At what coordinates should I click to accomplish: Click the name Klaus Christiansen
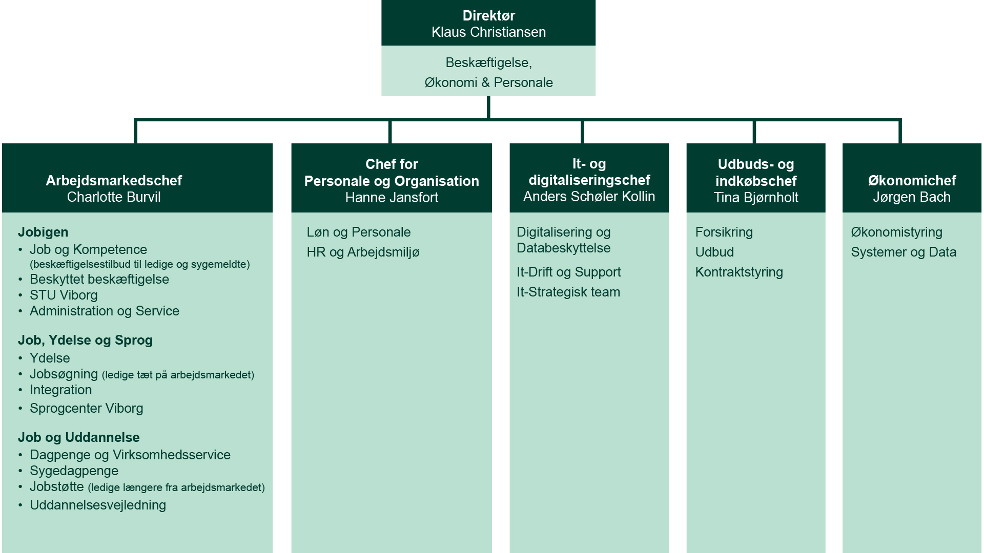pos(488,32)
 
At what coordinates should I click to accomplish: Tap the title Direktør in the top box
pos(488,16)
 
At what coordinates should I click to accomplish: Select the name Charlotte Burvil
pos(114,197)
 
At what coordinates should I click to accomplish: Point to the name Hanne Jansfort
pos(392,198)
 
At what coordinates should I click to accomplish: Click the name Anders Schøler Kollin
pos(589,197)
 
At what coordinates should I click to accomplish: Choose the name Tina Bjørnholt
pos(756,198)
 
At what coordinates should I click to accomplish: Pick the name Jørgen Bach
pos(912,197)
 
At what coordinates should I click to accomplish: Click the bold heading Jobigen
pos(43,232)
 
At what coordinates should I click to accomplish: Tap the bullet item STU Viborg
pos(64,295)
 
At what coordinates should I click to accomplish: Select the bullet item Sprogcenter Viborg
pos(86,409)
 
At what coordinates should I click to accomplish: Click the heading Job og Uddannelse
pos(78,437)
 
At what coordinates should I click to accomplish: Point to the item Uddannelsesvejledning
pos(98,505)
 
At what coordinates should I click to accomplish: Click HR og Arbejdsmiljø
pos(363,252)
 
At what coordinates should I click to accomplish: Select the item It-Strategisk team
pos(568,292)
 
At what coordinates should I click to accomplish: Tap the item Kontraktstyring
pos(739,272)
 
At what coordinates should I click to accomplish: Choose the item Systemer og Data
pos(904,252)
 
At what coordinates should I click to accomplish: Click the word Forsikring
pos(724,232)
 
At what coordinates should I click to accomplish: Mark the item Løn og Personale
pos(359,232)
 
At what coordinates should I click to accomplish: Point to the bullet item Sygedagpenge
pos(74,471)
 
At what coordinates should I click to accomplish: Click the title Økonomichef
pos(912,181)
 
